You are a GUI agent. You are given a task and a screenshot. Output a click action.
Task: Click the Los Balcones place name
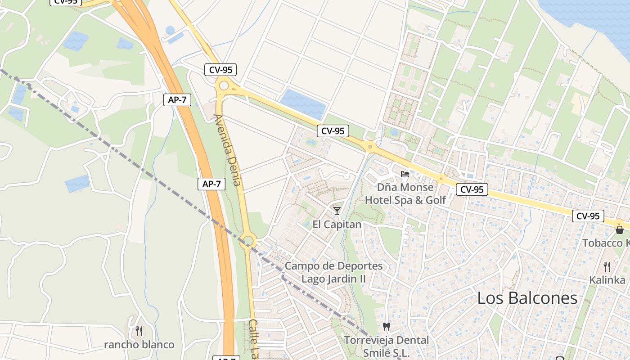pyautogui.click(x=527, y=298)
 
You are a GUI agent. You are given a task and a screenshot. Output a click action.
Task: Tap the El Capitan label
pyautogui.click(x=337, y=224)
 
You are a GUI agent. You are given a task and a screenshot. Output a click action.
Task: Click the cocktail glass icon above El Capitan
pyautogui.click(x=337, y=211)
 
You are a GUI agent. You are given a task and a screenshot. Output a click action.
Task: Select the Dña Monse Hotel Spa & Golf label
pyautogui.click(x=405, y=193)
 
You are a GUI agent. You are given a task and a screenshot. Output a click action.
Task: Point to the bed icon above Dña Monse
pyautogui.click(x=405, y=174)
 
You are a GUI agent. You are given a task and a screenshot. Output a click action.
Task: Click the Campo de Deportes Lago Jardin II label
pyautogui.click(x=333, y=272)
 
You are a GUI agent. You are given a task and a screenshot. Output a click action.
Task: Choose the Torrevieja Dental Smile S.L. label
pyautogui.click(x=387, y=346)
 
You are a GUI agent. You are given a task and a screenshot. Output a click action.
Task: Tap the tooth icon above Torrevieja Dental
pyautogui.click(x=386, y=326)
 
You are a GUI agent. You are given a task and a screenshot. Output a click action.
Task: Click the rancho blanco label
pyautogui.click(x=139, y=345)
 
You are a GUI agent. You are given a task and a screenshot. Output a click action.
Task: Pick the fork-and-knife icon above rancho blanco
pyautogui.click(x=139, y=331)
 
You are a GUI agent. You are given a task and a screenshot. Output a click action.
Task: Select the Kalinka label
pyautogui.click(x=607, y=280)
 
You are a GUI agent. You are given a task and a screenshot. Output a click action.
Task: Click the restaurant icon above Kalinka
pyautogui.click(x=607, y=266)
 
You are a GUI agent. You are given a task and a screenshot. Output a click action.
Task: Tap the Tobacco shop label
pyautogui.click(x=606, y=243)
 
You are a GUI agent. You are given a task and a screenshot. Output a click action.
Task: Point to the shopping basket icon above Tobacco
pyautogui.click(x=620, y=230)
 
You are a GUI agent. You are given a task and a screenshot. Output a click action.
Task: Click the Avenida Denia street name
pyautogui.click(x=228, y=150)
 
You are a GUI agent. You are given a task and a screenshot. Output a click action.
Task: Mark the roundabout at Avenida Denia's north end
pyautogui.click(x=224, y=85)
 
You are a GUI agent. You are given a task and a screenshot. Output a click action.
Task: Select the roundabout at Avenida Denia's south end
pyautogui.click(x=247, y=241)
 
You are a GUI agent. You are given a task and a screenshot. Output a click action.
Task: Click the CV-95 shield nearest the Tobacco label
pyautogui.click(x=588, y=216)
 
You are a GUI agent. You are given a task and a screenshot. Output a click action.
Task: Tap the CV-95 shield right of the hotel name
pyautogui.click(x=472, y=189)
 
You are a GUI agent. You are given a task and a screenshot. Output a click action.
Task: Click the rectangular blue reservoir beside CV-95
pyautogui.click(x=303, y=103)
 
